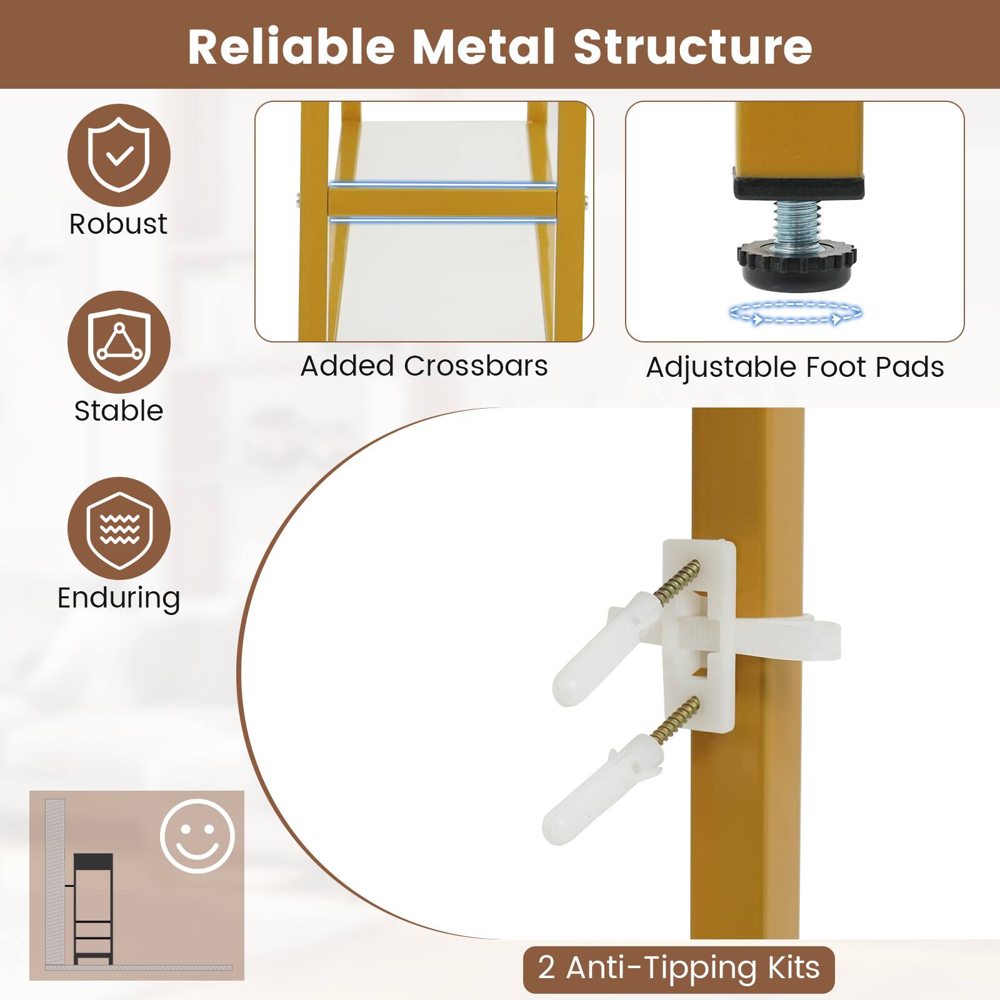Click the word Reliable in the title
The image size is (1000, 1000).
click(291, 47)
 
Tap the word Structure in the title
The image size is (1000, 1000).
click(693, 47)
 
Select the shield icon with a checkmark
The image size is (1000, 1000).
click(119, 155)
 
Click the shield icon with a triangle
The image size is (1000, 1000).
click(119, 342)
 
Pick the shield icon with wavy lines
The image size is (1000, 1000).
click(119, 529)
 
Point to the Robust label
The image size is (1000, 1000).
click(118, 224)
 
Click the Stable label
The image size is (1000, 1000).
click(118, 411)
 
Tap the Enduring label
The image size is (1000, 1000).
click(119, 597)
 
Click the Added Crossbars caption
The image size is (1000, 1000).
click(424, 366)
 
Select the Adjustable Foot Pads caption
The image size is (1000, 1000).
click(794, 367)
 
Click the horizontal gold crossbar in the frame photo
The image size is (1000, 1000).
click(441, 202)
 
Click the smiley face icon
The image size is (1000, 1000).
click(197, 836)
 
